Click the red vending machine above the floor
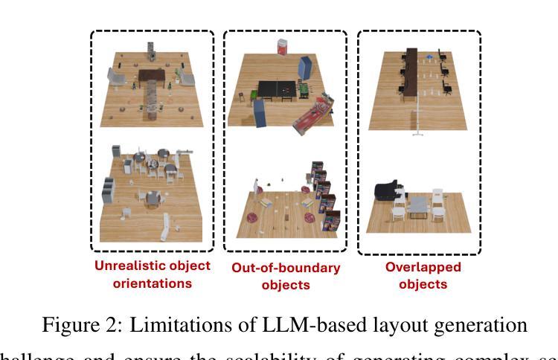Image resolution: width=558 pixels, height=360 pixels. point(282,47)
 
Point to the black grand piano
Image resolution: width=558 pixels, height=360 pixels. point(385,191)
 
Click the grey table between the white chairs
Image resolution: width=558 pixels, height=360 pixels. point(418,204)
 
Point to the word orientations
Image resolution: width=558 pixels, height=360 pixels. point(152,283)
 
